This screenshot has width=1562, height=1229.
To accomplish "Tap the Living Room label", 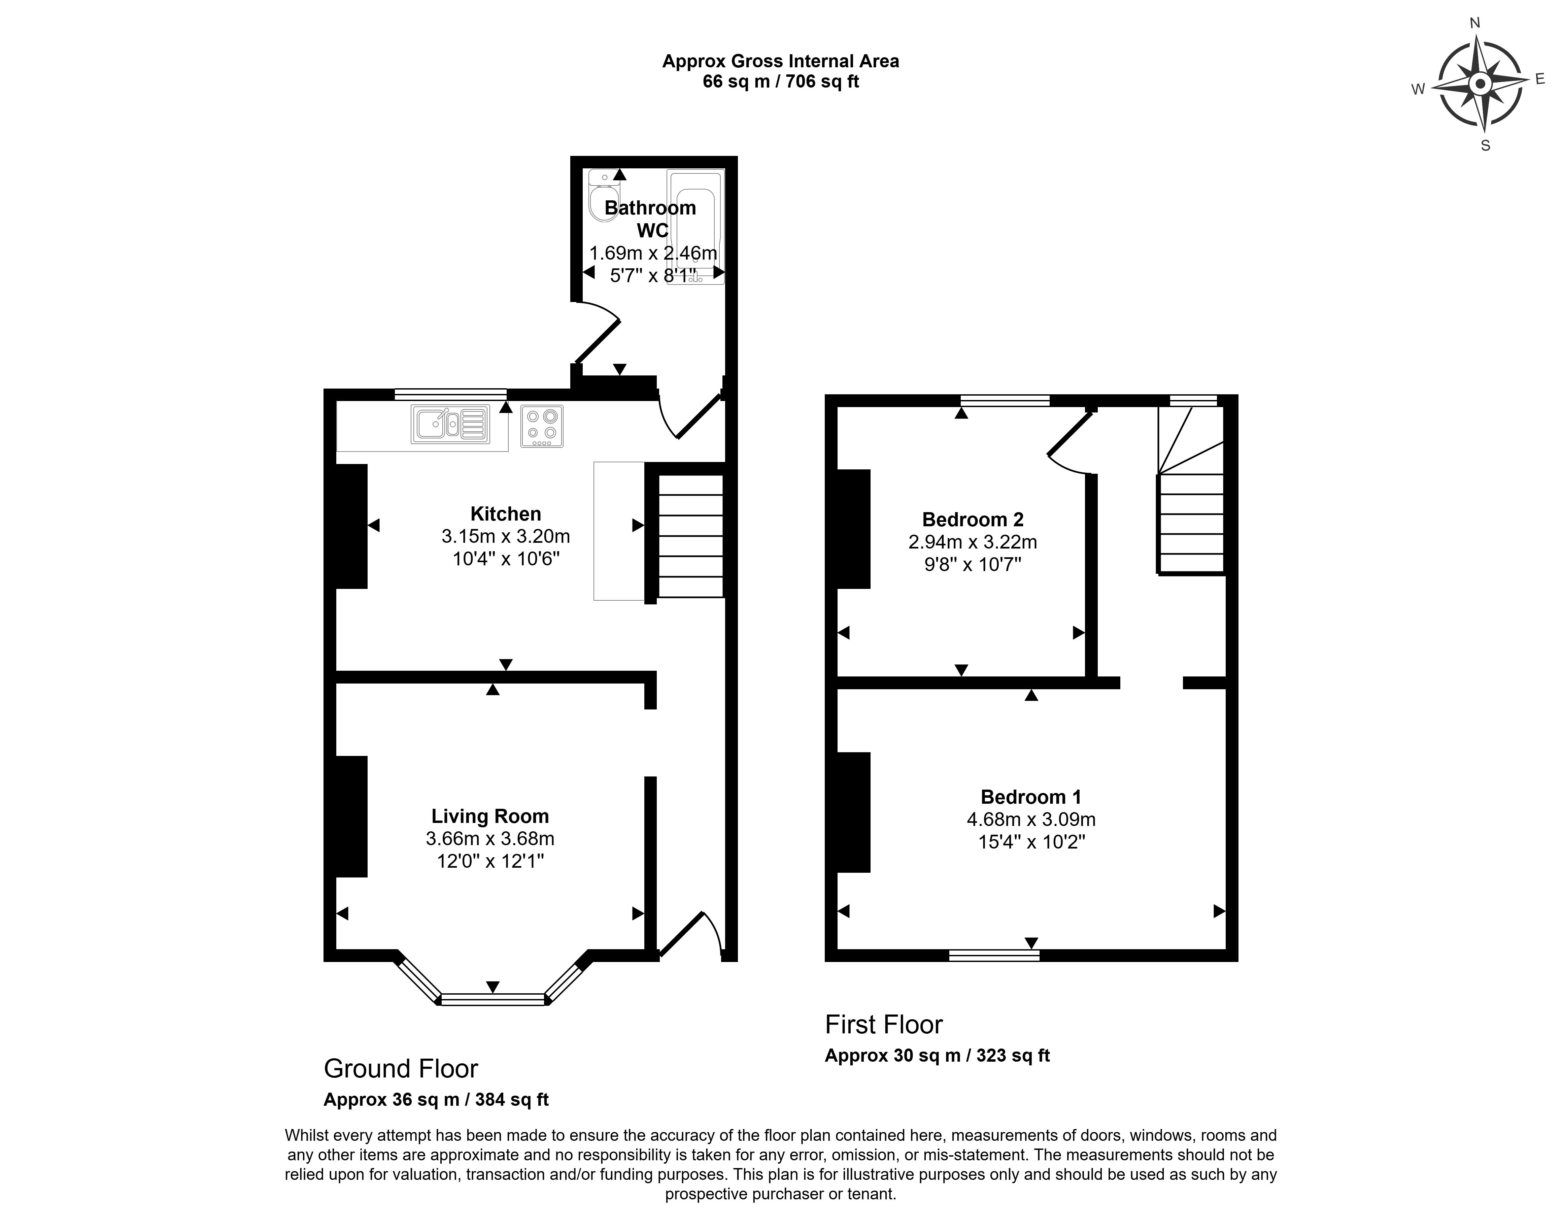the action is pos(490,816).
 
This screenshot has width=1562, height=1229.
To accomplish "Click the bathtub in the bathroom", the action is pos(695,227).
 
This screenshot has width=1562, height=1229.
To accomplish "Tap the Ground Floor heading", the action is pos(401,1068).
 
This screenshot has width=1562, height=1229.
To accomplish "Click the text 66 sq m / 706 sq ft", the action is pos(781,81).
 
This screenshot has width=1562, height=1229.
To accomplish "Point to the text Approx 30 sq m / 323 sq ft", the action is pos(937,1056).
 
